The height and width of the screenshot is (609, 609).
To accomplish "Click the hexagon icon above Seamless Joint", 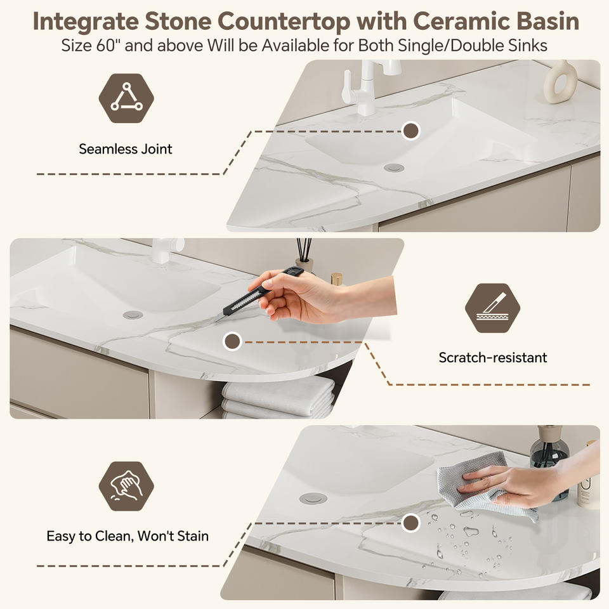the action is (126, 98).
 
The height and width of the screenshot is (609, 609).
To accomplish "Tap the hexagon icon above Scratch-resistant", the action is (492, 308).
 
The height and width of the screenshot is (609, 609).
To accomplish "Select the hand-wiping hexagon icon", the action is (126, 487).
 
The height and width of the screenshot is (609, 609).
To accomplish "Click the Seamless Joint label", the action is (126, 149).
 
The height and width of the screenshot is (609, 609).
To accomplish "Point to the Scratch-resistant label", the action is (493, 357).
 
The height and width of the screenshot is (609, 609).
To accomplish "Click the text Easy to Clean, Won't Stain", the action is (128, 536).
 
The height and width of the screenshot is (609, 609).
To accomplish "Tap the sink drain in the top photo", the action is (394, 167).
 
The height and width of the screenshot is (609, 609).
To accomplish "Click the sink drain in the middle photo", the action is (133, 315).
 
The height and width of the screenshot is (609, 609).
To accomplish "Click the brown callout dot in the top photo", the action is (410, 131).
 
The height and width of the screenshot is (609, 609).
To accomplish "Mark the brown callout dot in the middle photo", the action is (233, 341).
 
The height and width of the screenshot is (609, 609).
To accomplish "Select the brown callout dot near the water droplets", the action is (410, 523).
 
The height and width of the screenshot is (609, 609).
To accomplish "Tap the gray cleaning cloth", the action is (485, 485).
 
